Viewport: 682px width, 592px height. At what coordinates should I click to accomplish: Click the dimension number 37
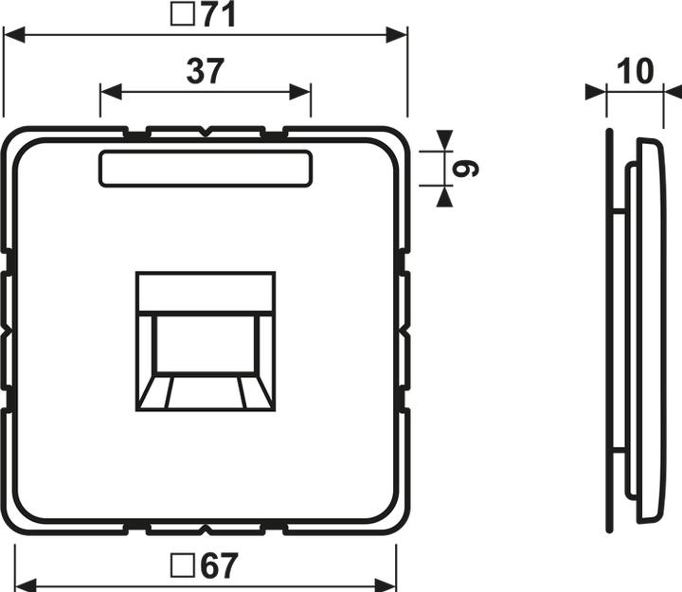[x=205, y=73]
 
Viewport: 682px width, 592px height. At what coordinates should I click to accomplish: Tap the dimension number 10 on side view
[x=634, y=73]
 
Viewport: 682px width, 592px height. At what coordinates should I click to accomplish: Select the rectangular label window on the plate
[x=206, y=168]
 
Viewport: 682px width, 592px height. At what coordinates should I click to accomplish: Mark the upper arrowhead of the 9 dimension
[x=443, y=139]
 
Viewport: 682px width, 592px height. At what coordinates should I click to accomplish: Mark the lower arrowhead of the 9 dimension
[x=443, y=196]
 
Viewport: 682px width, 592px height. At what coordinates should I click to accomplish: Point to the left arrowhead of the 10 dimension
[x=596, y=92]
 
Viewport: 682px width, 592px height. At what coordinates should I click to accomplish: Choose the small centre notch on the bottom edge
[x=206, y=524]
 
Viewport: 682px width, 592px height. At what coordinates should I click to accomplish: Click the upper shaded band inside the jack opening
[x=206, y=295]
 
